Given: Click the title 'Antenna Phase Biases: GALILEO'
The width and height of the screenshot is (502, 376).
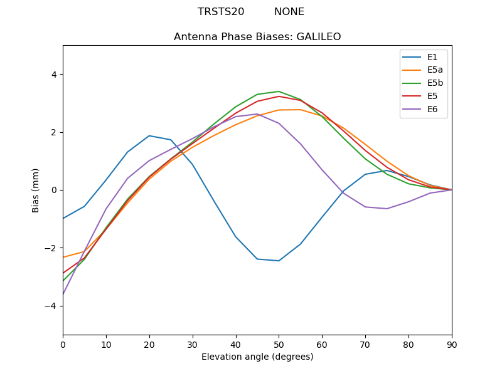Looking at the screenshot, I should (257, 37).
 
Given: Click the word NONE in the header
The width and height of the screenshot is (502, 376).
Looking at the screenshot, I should (289, 12).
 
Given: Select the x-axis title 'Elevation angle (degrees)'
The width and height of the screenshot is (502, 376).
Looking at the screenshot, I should (257, 357).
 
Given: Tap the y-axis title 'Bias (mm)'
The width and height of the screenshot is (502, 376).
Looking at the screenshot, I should (36, 190).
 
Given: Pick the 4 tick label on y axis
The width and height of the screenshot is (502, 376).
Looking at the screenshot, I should (53, 75).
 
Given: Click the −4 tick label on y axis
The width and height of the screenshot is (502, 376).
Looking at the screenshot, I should (51, 306).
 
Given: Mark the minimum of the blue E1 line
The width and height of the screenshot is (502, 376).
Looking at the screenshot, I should (279, 261).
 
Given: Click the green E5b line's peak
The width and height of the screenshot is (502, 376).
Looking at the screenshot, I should (279, 91).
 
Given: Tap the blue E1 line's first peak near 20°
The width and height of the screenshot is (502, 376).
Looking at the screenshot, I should (149, 136).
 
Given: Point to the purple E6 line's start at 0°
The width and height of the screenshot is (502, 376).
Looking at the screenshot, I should (63, 294).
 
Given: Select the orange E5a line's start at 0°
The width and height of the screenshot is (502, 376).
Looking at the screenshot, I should (63, 258).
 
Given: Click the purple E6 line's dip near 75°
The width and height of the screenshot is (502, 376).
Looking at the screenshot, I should (387, 209).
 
